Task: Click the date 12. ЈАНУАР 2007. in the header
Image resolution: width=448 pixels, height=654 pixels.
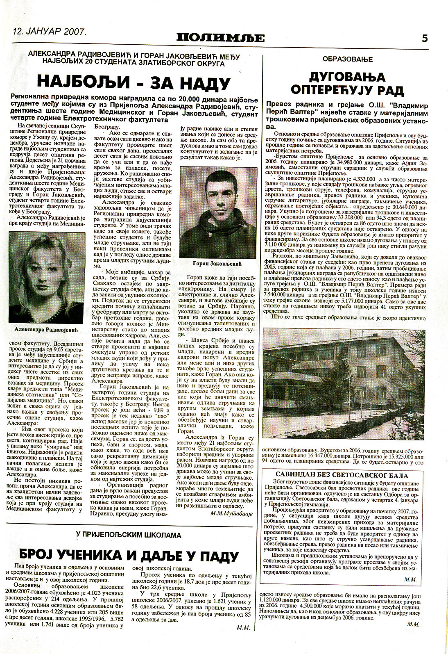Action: pos(49,31)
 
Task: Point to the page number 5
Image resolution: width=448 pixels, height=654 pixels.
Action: pos(425,38)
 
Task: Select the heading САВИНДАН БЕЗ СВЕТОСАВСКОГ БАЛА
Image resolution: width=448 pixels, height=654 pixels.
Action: pos(342,476)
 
